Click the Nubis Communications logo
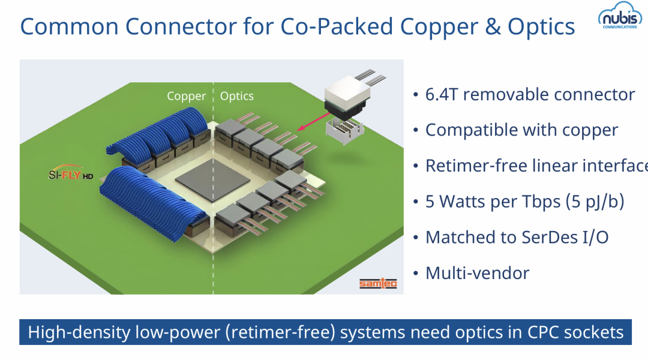click(x=619, y=19)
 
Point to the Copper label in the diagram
click(x=186, y=97)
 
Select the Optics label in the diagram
click(x=237, y=96)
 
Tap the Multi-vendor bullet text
click(x=477, y=274)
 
